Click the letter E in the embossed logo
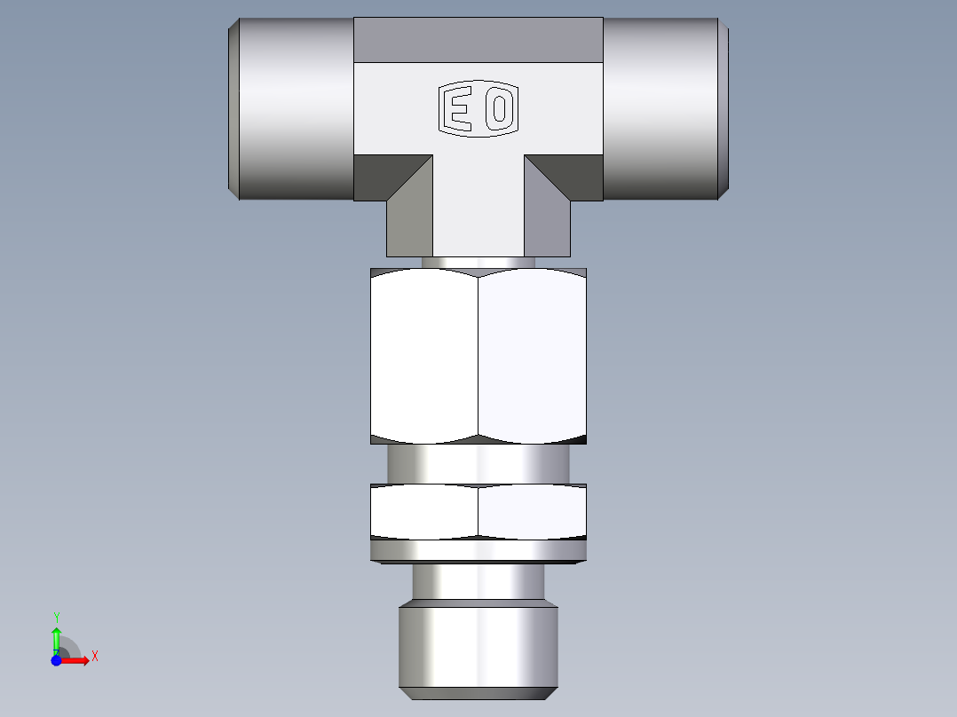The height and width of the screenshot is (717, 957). coord(459,110)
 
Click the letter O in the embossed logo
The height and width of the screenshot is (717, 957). coord(500,110)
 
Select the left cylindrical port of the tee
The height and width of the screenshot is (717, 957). coord(293,108)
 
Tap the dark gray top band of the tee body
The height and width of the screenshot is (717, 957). coord(478,40)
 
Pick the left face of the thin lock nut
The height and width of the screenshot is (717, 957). coord(424,512)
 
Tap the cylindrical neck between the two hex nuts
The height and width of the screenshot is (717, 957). coord(478,463)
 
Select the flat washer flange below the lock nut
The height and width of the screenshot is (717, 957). coord(478,551)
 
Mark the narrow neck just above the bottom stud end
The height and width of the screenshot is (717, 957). coord(478,581)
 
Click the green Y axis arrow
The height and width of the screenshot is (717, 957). coord(56,635)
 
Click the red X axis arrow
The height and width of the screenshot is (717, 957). coord(78,660)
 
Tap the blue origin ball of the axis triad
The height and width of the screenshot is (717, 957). coord(56,660)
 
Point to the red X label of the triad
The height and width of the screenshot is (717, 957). coord(94,657)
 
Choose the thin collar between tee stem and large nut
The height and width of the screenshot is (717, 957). coord(478,263)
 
